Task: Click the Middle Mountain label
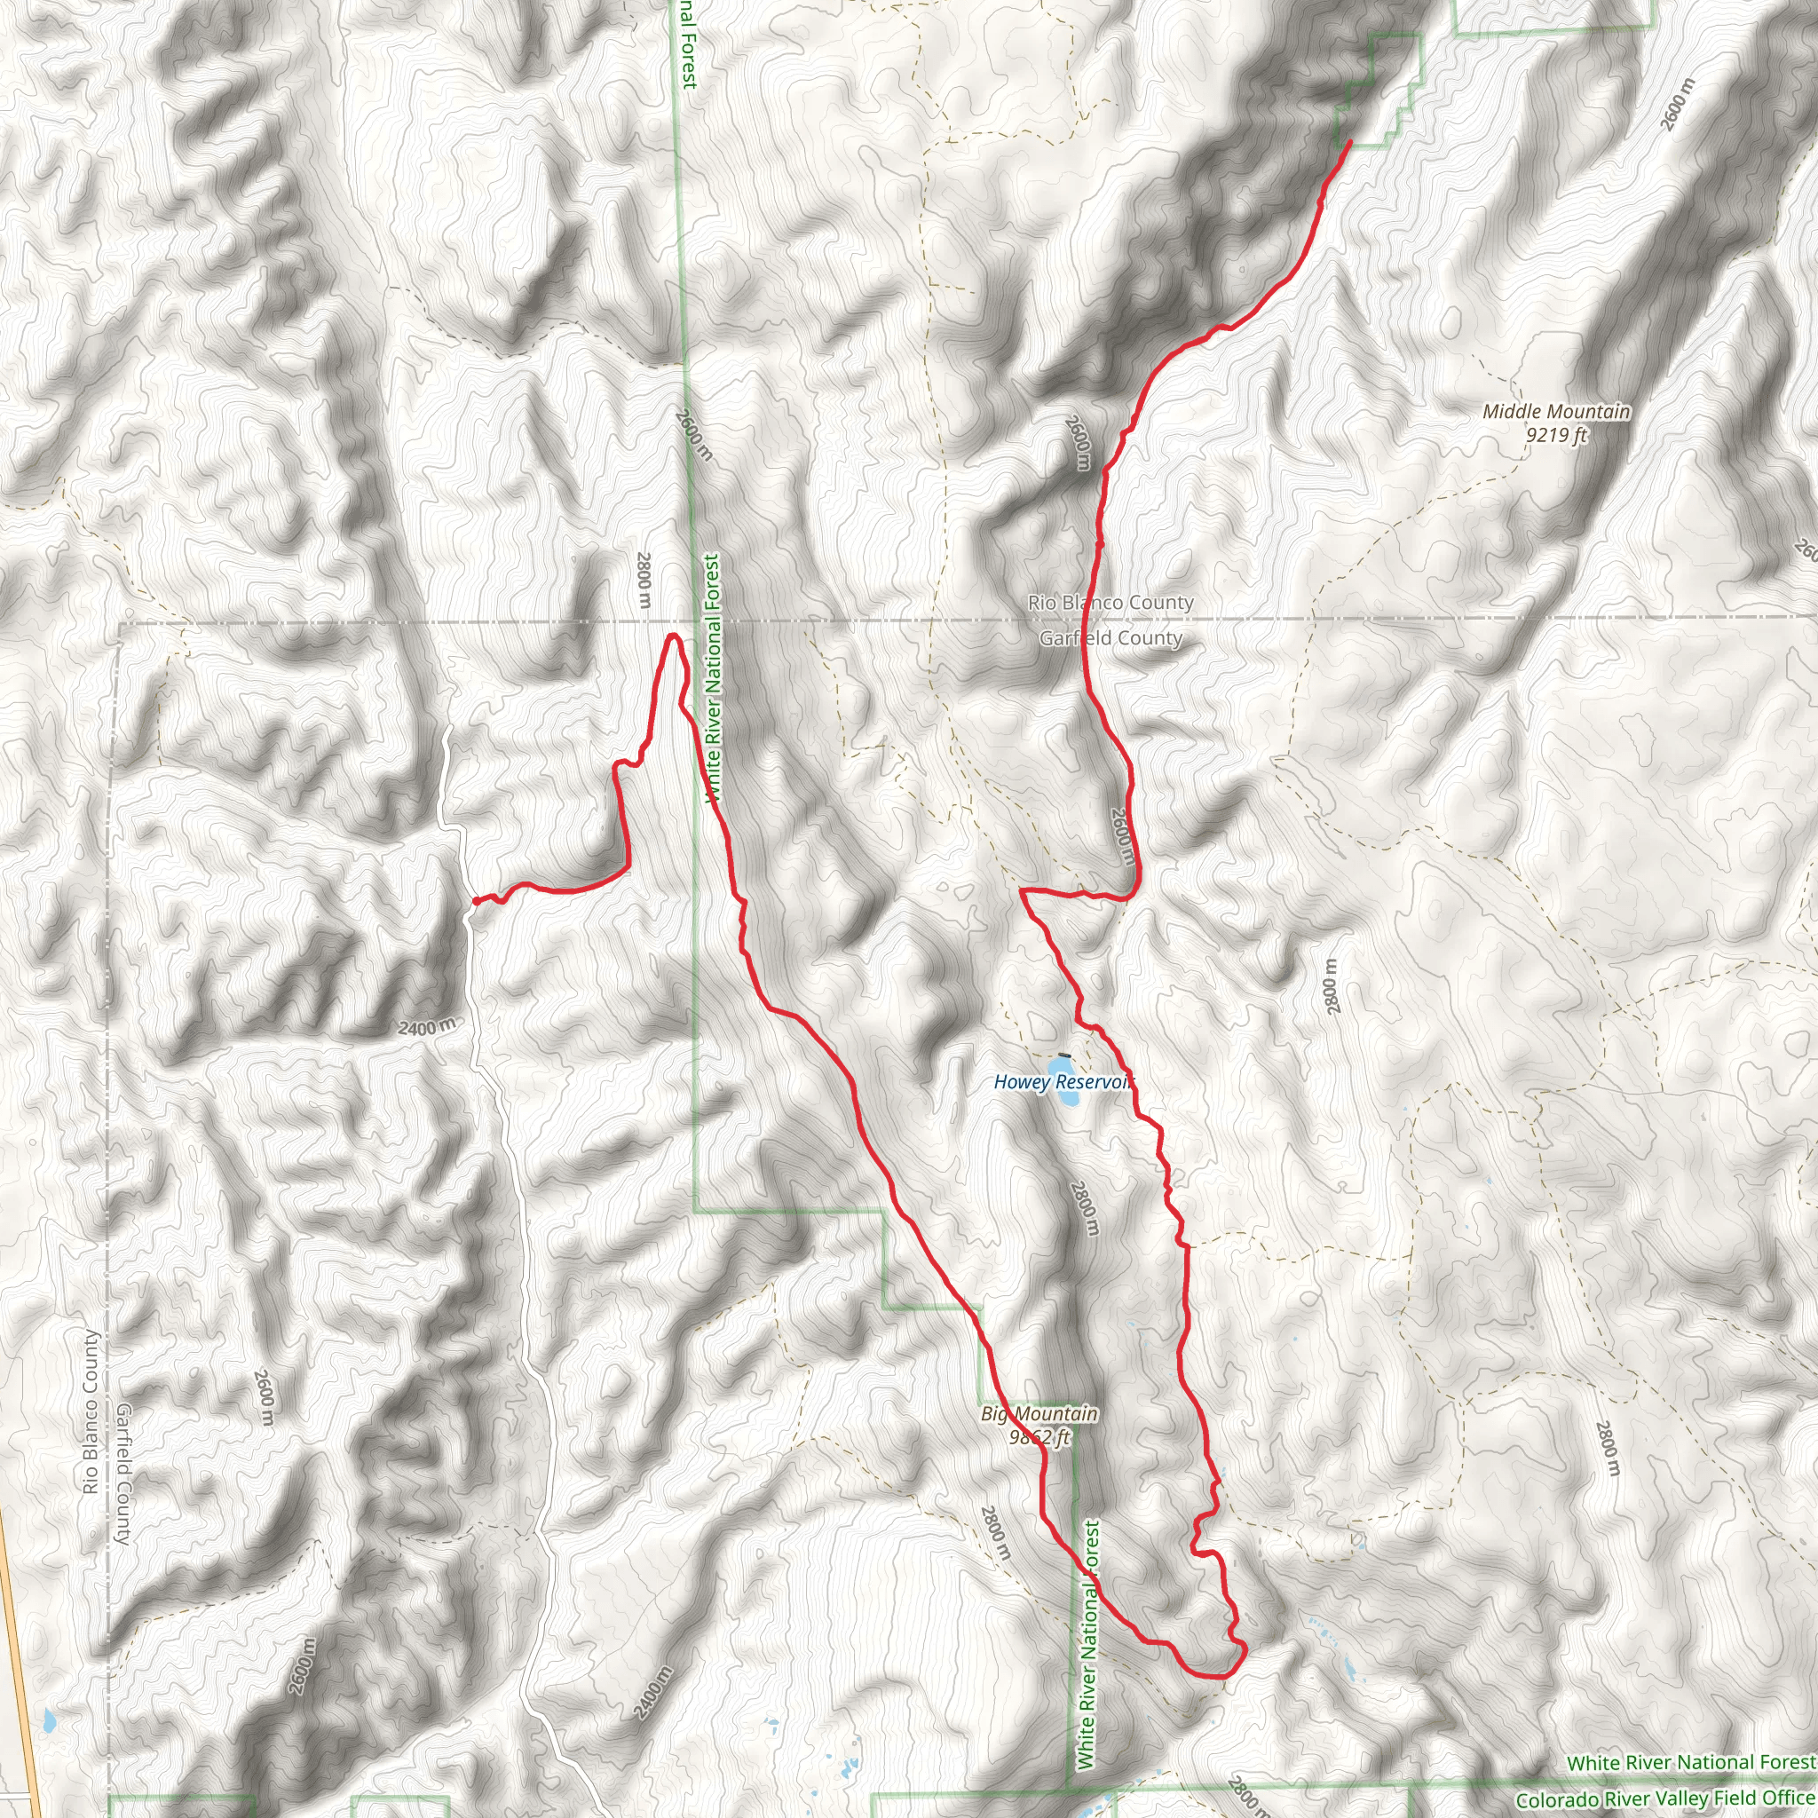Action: coord(1555,411)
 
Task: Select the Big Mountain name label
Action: coord(1039,1413)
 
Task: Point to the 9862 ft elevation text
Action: coord(1039,1437)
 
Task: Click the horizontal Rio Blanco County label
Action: coord(1111,602)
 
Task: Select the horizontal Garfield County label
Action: coord(1111,638)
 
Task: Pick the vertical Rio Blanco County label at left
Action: coord(91,1411)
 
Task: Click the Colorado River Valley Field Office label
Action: coord(1664,1799)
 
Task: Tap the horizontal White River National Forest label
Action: coord(1690,1761)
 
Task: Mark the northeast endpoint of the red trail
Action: coord(1350,142)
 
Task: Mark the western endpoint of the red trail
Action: coord(473,902)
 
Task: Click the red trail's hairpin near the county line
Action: coord(673,637)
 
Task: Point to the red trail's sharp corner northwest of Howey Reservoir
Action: coord(1023,889)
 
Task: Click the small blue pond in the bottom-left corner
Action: coord(47,1722)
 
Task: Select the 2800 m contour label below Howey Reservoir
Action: coord(1084,1208)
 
